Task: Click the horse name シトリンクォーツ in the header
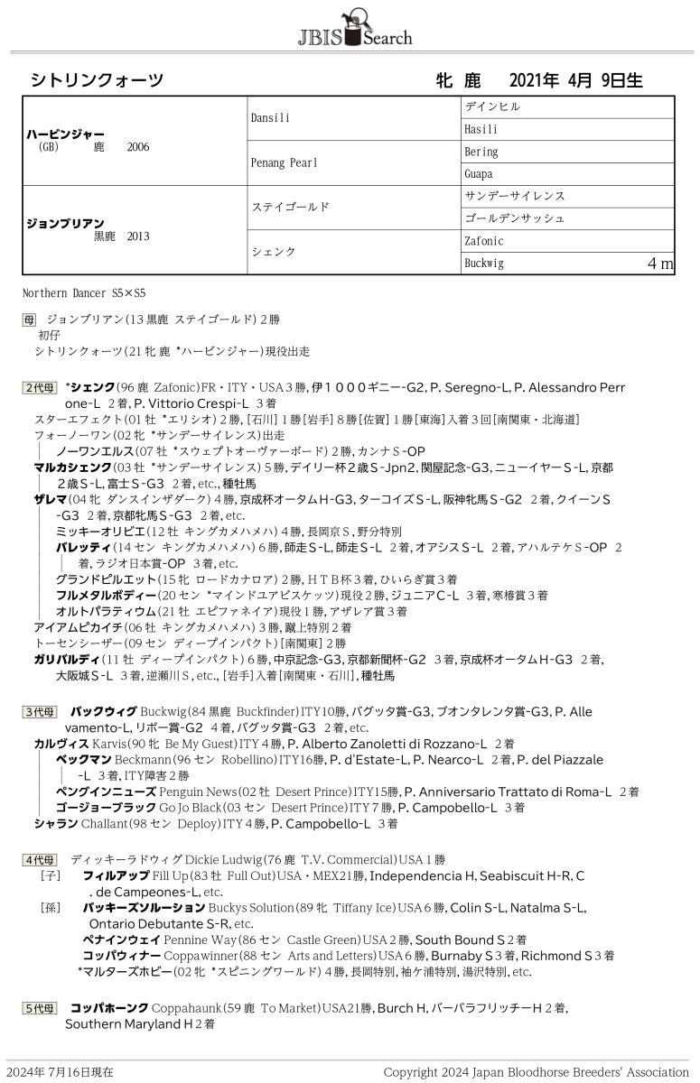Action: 98,80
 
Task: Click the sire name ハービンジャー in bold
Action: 65,134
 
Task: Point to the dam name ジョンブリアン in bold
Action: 65,223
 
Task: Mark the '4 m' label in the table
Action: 660,264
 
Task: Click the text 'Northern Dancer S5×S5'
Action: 84,293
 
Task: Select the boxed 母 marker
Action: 30,319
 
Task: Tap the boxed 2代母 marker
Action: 40,387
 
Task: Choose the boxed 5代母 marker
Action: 40,1008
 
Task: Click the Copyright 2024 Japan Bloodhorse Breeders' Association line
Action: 536,1072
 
